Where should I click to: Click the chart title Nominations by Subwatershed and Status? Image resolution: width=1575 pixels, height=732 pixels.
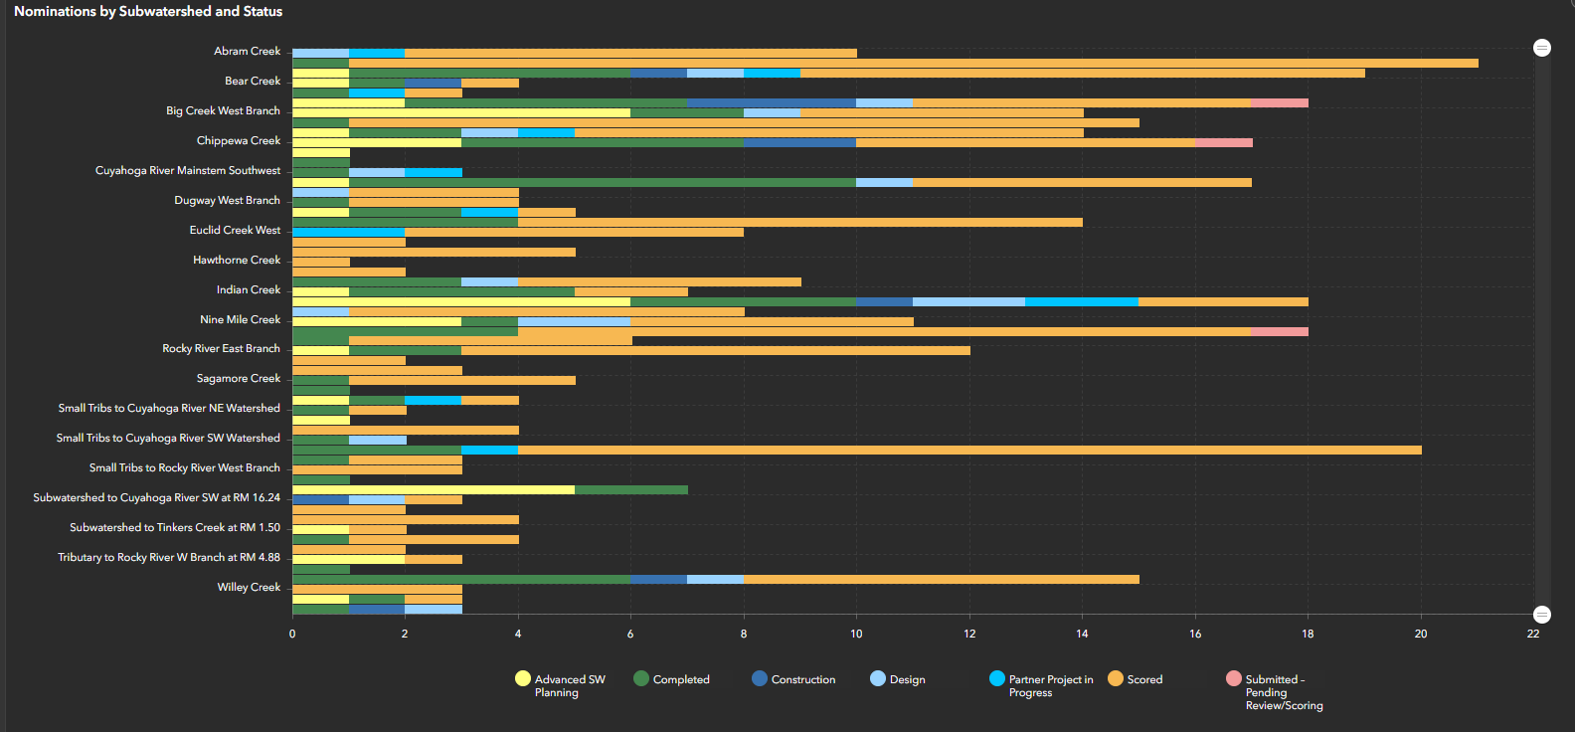[148, 12]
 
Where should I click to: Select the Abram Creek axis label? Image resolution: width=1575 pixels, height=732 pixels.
[247, 51]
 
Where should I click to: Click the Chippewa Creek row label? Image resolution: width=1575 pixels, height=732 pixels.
[238, 140]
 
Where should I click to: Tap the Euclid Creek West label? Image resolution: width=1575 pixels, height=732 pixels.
[235, 230]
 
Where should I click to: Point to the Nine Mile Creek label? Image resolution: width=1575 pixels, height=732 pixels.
[240, 319]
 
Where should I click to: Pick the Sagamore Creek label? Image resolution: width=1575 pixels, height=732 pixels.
[238, 378]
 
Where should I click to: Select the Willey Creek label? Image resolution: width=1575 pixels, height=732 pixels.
[249, 587]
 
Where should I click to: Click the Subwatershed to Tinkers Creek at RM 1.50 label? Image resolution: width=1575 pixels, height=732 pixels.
[174, 527]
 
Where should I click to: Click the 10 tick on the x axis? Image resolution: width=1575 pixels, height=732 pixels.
[856, 634]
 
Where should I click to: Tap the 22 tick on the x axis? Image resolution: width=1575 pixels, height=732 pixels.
[1532, 634]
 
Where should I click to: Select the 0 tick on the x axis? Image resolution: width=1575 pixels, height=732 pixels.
[292, 634]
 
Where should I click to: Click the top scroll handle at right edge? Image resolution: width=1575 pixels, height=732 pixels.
[1541, 48]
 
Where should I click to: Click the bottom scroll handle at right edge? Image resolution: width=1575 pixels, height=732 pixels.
[1541, 615]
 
